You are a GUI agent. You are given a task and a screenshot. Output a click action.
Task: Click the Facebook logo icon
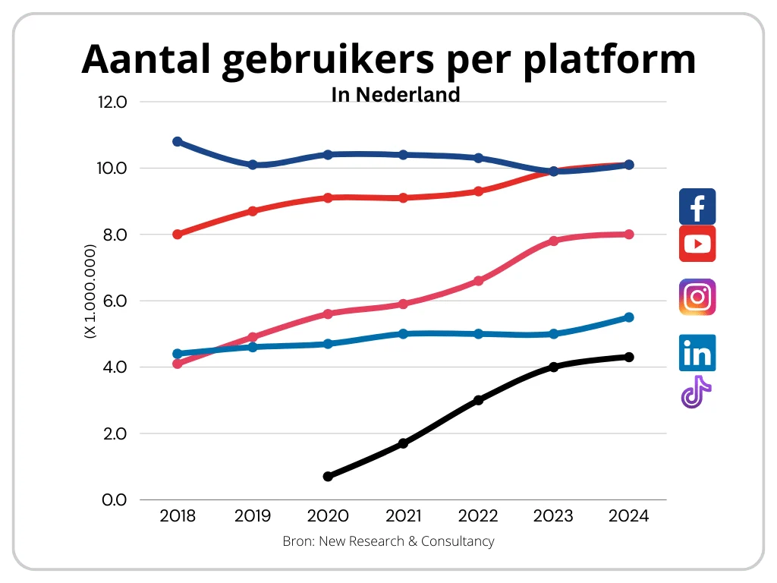pyautogui.click(x=697, y=206)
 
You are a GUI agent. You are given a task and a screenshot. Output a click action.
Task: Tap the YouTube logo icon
pyautogui.click(x=697, y=244)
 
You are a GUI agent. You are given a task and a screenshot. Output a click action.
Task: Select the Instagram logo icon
pyautogui.click(x=697, y=297)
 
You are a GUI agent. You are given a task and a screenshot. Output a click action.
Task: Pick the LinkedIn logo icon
pyautogui.click(x=697, y=353)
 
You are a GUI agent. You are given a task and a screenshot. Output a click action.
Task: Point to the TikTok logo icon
pyautogui.click(x=696, y=392)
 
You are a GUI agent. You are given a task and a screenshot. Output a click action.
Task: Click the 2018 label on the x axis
pyautogui.click(x=178, y=516)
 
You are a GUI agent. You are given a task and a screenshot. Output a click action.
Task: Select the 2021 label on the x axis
pyautogui.click(x=403, y=516)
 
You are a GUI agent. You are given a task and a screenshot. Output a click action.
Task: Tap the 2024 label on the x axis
pyautogui.click(x=628, y=516)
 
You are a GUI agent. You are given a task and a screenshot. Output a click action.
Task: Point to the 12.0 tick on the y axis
pyautogui.click(x=112, y=102)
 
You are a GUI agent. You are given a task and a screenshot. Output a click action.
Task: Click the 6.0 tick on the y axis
pyautogui.click(x=112, y=301)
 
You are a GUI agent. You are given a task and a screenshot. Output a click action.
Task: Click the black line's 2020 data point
pyautogui.click(x=328, y=477)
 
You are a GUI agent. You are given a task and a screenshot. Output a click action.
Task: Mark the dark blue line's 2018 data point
pyautogui.click(x=178, y=141)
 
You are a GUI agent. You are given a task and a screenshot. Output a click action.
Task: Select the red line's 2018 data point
pyautogui.click(x=178, y=235)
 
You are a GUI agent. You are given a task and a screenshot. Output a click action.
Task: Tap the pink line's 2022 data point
pyautogui.click(x=478, y=281)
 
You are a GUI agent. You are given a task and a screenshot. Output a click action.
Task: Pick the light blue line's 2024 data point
pyautogui.click(x=629, y=317)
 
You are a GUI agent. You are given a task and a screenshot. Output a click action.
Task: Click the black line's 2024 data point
pyautogui.click(x=629, y=357)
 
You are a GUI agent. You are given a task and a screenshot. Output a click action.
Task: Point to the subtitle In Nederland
pyautogui.click(x=395, y=94)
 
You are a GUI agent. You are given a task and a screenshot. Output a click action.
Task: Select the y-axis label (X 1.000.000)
pyautogui.click(x=90, y=291)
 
